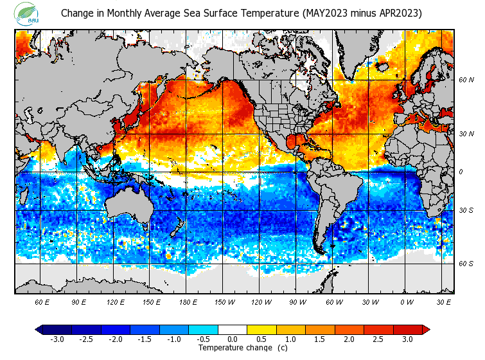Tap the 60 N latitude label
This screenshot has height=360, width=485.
pyautogui.click(x=466, y=80)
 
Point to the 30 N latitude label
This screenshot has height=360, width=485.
pyautogui.click(x=466, y=134)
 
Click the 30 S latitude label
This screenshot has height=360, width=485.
pyautogui.click(x=466, y=211)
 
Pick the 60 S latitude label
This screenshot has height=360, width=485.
pyautogui.click(x=466, y=264)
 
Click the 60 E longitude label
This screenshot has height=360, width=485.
pyautogui.click(x=42, y=302)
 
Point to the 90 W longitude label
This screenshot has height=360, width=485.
pyautogui.click(x=297, y=302)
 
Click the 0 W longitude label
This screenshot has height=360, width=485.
pyautogui.click(x=407, y=302)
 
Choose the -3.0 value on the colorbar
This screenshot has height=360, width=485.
pyautogui.click(x=57, y=339)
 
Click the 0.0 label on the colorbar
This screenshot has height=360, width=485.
pyautogui.click(x=233, y=339)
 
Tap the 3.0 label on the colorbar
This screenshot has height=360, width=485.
pyautogui.click(x=407, y=339)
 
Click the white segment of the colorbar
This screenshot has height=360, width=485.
pyautogui.click(x=233, y=330)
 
